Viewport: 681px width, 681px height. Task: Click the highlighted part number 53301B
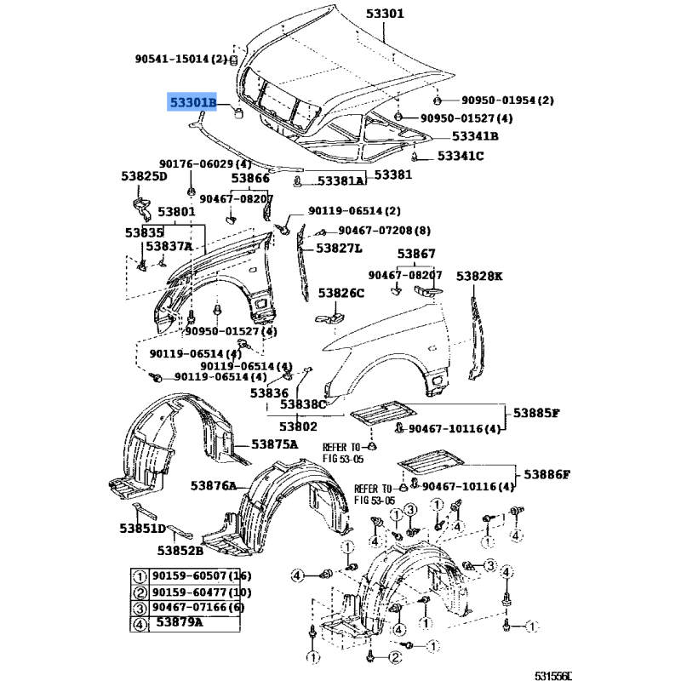point(192,102)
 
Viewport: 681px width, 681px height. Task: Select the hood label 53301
point(385,14)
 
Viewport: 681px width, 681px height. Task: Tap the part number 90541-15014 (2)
point(181,59)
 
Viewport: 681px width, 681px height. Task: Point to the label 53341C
point(461,156)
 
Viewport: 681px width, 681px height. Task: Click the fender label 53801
point(176,212)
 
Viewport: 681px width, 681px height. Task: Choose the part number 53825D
point(144,176)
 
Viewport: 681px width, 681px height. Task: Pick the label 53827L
point(339,248)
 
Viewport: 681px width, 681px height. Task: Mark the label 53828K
point(479,276)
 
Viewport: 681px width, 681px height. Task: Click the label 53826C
point(341,293)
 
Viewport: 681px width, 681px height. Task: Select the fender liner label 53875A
point(275,444)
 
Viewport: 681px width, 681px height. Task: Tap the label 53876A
point(214,485)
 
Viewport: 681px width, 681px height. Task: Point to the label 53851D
point(142,528)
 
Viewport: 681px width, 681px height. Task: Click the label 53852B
point(180,551)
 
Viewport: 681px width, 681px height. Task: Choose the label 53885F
point(536,413)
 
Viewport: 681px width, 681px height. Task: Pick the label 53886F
point(547,474)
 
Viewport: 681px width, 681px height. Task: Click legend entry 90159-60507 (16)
point(202,576)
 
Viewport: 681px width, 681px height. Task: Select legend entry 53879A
point(180,622)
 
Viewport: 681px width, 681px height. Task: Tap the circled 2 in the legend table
point(140,592)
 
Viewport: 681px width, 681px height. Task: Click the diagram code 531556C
point(553,676)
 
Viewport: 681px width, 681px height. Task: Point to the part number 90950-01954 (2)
point(507,100)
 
